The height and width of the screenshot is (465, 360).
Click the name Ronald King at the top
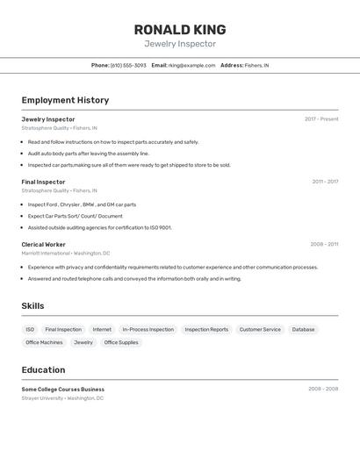[x=180, y=29]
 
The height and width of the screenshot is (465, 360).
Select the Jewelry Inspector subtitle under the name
[x=180, y=44]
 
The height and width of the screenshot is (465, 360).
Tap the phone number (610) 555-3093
[x=128, y=65]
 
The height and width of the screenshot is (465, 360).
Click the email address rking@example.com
[x=191, y=65]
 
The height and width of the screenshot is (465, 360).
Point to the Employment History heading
[x=65, y=100]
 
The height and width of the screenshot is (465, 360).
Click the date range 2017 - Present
[x=321, y=119]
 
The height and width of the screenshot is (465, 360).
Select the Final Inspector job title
[x=43, y=182]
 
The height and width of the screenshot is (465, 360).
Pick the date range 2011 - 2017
[x=325, y=182]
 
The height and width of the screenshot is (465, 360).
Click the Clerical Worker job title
[x=43, y=245]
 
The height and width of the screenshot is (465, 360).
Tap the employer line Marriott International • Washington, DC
[x=65, y=253]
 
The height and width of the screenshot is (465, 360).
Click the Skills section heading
[x=32, y=306]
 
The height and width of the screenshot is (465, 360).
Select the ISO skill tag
[x=30, y=330]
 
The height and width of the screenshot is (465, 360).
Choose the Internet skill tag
[x=102, y=330]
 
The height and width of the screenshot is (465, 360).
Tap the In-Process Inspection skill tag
[x=148, y=330]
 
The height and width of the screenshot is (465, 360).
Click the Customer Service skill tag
[x=260, y=330]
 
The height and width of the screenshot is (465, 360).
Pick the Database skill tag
[x=303, y=330]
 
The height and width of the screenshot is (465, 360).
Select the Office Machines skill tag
[x=44, y=342]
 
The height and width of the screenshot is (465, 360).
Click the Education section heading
[x=43, y=369]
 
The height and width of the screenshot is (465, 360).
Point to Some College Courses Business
[x=62, y=389]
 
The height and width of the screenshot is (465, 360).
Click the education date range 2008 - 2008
[x=323, y=389]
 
